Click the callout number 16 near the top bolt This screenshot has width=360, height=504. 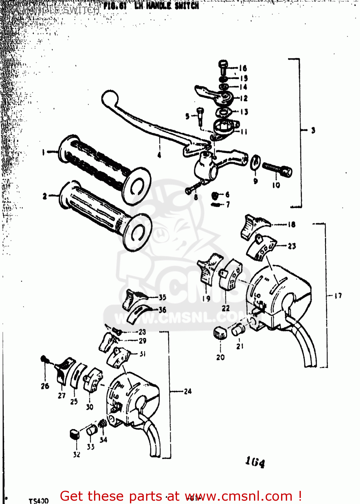[x=243, y=68]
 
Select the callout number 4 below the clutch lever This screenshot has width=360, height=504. [x=159, y=155]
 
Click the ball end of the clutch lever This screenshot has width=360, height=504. [x=109, y=98]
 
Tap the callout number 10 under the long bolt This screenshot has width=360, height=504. [x=276, y=185]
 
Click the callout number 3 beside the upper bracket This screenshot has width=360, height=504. [x=313, y=130]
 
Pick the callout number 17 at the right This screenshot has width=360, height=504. [x=338, y=296]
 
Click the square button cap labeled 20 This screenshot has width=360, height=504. [x=220, y=333]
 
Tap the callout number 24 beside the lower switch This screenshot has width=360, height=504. [x=188, y=391]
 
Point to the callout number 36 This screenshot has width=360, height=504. [x=163, y=310]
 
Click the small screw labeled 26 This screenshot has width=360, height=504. [x=44, y=359]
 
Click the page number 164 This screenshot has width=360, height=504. [x=255, y=462]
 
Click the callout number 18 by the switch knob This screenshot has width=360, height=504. [x=291, y=224]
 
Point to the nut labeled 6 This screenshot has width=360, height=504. [x=215, y=195]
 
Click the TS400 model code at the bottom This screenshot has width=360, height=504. [x=39, y=501]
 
